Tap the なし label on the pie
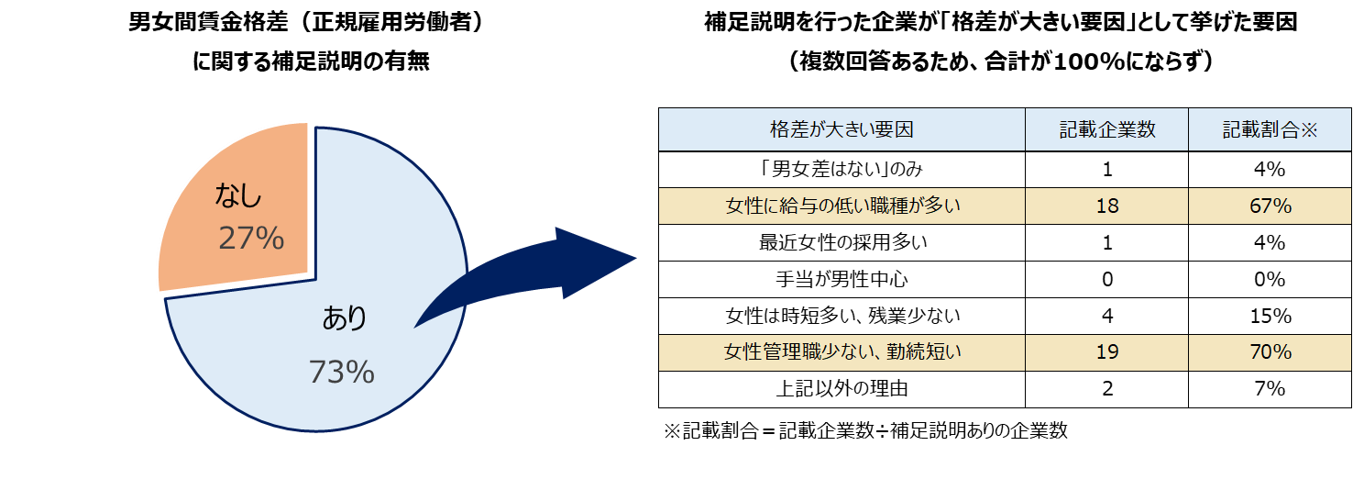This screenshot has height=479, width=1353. tap(238, 195)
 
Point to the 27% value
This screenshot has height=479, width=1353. tap(251, 239)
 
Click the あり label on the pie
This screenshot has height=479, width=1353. tap(345, 318)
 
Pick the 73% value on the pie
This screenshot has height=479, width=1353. tap(341, 372)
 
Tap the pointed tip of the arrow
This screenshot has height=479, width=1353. tap(634, 259)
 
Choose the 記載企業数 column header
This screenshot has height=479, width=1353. tap(1107, 130)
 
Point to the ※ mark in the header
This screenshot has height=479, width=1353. tap(1308, 130)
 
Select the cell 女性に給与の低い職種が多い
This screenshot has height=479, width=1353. tap(841, 206)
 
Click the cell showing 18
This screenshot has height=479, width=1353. tap(1107, 206)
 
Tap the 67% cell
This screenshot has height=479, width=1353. tap(1270, 206)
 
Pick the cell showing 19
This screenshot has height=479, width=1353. tap(1107, 352)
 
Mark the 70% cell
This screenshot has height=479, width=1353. tap(1270, 352)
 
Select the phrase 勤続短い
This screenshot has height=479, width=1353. tap(924, 352)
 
